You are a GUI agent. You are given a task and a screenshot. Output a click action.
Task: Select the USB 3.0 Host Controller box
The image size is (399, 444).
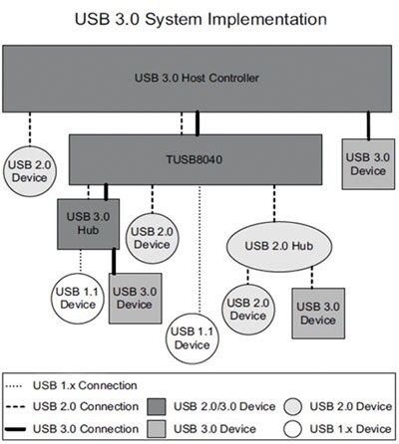(x=199, y=76)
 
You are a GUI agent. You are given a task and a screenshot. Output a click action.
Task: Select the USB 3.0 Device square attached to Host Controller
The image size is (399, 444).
(x=367, y=158)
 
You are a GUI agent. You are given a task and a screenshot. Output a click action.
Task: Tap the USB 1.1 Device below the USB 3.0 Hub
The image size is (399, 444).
(x=75, y=296)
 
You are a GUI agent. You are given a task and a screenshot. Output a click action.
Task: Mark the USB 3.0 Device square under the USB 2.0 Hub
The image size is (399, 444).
(x=317, y=314)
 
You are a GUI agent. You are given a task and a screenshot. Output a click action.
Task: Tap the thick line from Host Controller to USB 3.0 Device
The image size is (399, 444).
(x=367, y=124)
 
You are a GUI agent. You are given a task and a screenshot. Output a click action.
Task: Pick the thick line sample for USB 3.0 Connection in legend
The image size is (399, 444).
(x=20, y=427)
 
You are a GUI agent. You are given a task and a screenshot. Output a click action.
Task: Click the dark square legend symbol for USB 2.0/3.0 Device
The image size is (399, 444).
(x=157, y=406)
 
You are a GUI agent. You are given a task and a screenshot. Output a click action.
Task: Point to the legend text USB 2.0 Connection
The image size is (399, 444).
(x=87, y=406)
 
